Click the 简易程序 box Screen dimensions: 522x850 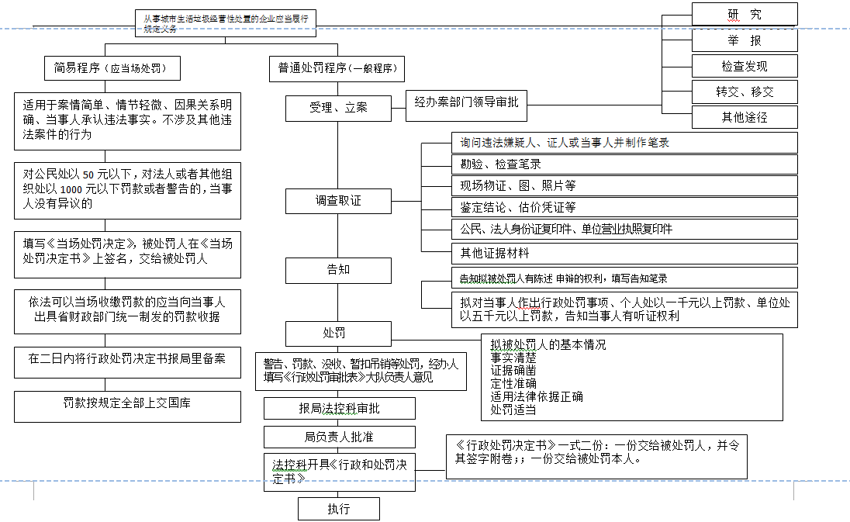pyautogui.click(x=112, y=68)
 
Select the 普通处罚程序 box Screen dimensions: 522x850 pyautogui.click(x=337, y=68)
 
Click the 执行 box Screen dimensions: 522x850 pyautogui.click(x=338, y=509)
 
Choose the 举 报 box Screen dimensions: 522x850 pyautogui.click(x=745, y=40)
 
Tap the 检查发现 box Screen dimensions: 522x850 pyautogui.click(x=745, y=66)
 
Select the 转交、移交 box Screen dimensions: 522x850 pyautogui.click(x=745, y=92)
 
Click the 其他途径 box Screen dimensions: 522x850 pyautogui.click(x=745, y=117)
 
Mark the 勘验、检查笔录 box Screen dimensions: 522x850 pyautogui.click(x=624, y=164)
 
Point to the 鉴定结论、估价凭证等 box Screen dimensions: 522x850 pyautogui.click(x=624, y=207)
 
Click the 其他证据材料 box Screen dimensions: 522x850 pyautogui.click(x=624, y=253)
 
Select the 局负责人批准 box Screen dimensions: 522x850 pyautogui.click(x=339, y=437)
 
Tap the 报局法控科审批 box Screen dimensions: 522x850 pyautogui.click(x=339, y=409)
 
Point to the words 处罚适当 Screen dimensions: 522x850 pyautogui.click(x=513, y=409)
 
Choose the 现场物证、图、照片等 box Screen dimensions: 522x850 pyautogui.click(x=624, y=185)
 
